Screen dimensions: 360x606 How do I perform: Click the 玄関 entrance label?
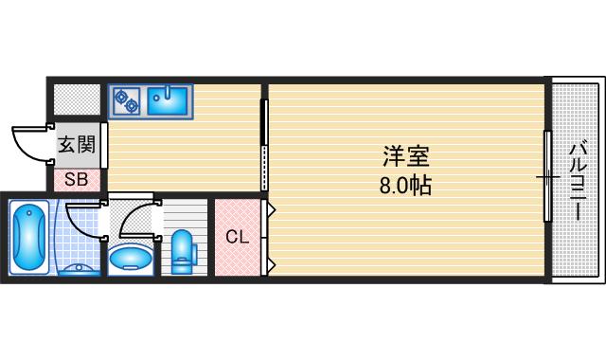click(x=76, y=146)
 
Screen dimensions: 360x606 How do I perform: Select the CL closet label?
click(x=237, y=237)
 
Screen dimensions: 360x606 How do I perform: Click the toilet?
click(x=183, y=249)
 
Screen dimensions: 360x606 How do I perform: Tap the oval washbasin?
click(x=131, y=258)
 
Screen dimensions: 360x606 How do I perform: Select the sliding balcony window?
click(x=547, y=177)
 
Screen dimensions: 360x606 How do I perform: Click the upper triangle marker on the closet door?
click(x=271, y=207)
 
